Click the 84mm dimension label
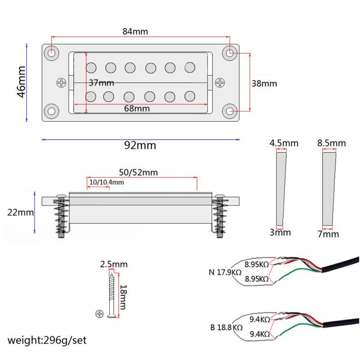point(135,32)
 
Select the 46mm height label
point(21,83)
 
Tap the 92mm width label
point(139,145)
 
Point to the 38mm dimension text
point(264,84)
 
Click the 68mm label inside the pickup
point(136,108)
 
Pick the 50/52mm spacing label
point(138,172)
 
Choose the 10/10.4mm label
point(107,182)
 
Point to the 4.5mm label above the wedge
point(283,144)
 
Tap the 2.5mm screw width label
point(114,264)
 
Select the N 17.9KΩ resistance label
point(225,272)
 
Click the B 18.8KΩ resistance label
point(226,327)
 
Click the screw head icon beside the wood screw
point(100,314)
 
